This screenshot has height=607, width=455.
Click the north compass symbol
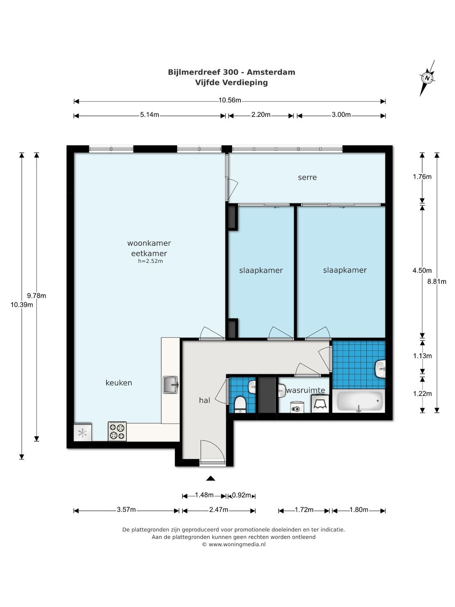click(427, 78)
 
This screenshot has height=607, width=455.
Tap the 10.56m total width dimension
click(230, 100)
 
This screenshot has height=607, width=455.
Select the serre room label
click(307, 177)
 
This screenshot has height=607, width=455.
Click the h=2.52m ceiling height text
click(150, 261)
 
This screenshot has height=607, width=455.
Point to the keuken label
click(119, 383)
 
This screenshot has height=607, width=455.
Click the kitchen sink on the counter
click(171, 384)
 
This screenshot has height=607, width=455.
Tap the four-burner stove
click(117, 431)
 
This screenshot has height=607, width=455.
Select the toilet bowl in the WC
click(240, 404)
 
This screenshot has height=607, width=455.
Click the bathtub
click(358, 401)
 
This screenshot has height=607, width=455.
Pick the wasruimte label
click(305, 390)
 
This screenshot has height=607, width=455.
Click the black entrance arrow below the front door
click(211, 478)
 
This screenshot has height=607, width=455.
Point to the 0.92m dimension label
click(241, 495)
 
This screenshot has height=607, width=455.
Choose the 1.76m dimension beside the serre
click(422, 177)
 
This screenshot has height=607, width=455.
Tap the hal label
click(204, 400)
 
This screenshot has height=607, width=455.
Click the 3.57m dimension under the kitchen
click(126, 509)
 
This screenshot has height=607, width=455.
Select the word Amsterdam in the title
click(271, 72)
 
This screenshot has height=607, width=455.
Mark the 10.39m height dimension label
click(21, 305)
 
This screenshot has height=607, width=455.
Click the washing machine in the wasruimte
click(320, 404)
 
